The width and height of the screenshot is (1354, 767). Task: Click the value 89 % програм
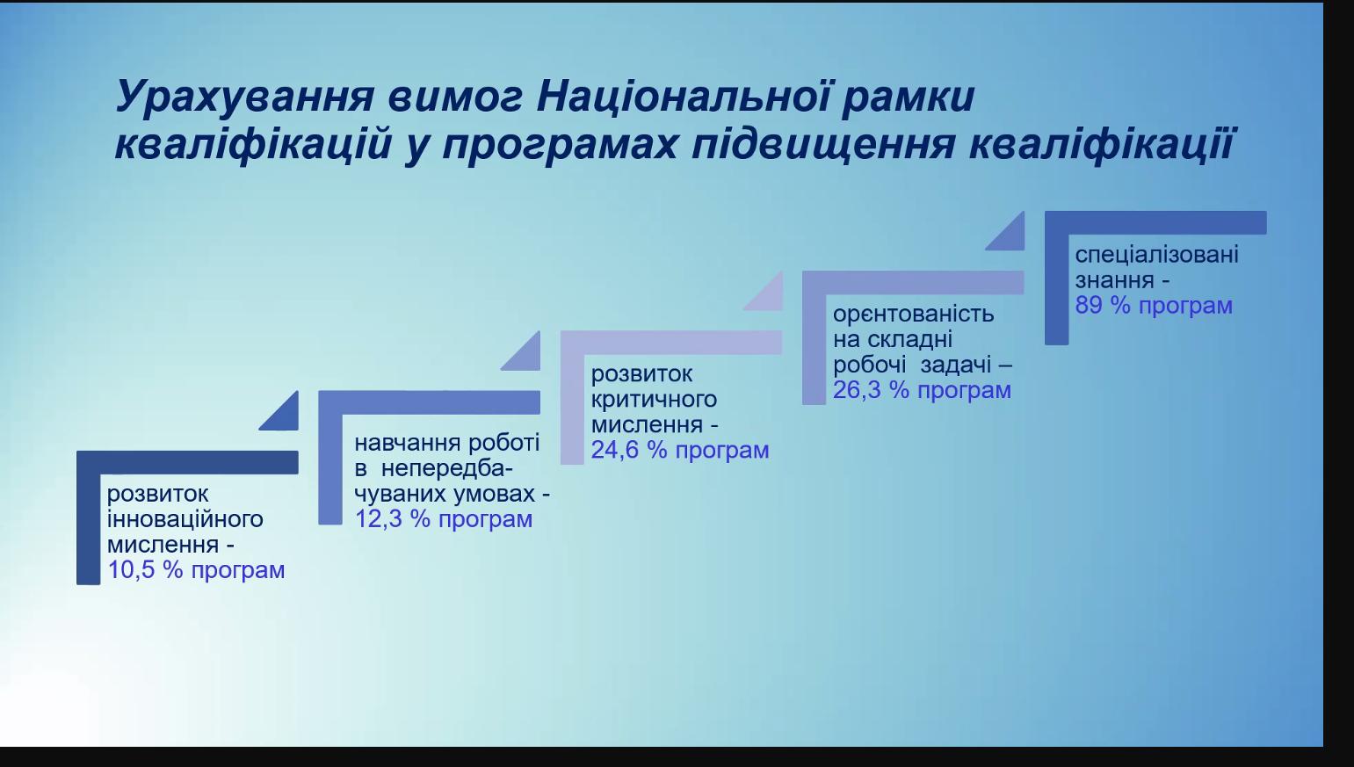tap(1154, 305)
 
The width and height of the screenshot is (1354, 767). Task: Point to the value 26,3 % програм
tap(922, 390)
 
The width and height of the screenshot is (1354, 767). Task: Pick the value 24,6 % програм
tap(680, 451)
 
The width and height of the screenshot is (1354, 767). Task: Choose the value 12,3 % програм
tap(443, 519)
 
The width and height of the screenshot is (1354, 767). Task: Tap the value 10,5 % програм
tap(196, 570)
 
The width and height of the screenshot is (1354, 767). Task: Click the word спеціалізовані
tap(1156, 255)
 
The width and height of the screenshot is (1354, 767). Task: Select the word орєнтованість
tap(913, 315)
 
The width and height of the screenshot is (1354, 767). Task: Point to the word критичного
tap(654, 400)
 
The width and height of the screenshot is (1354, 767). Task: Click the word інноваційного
tap(185, 518)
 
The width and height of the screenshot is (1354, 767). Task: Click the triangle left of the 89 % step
tap(1010, 236)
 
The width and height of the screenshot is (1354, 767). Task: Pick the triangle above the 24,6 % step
tap(768, 296)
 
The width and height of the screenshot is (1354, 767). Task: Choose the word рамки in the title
tap(908, 98)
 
